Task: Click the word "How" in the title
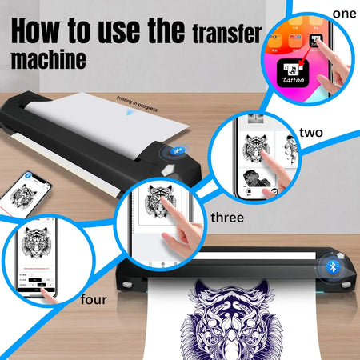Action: [x=39, y=31]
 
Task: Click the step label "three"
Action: [x=228, y=216]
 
